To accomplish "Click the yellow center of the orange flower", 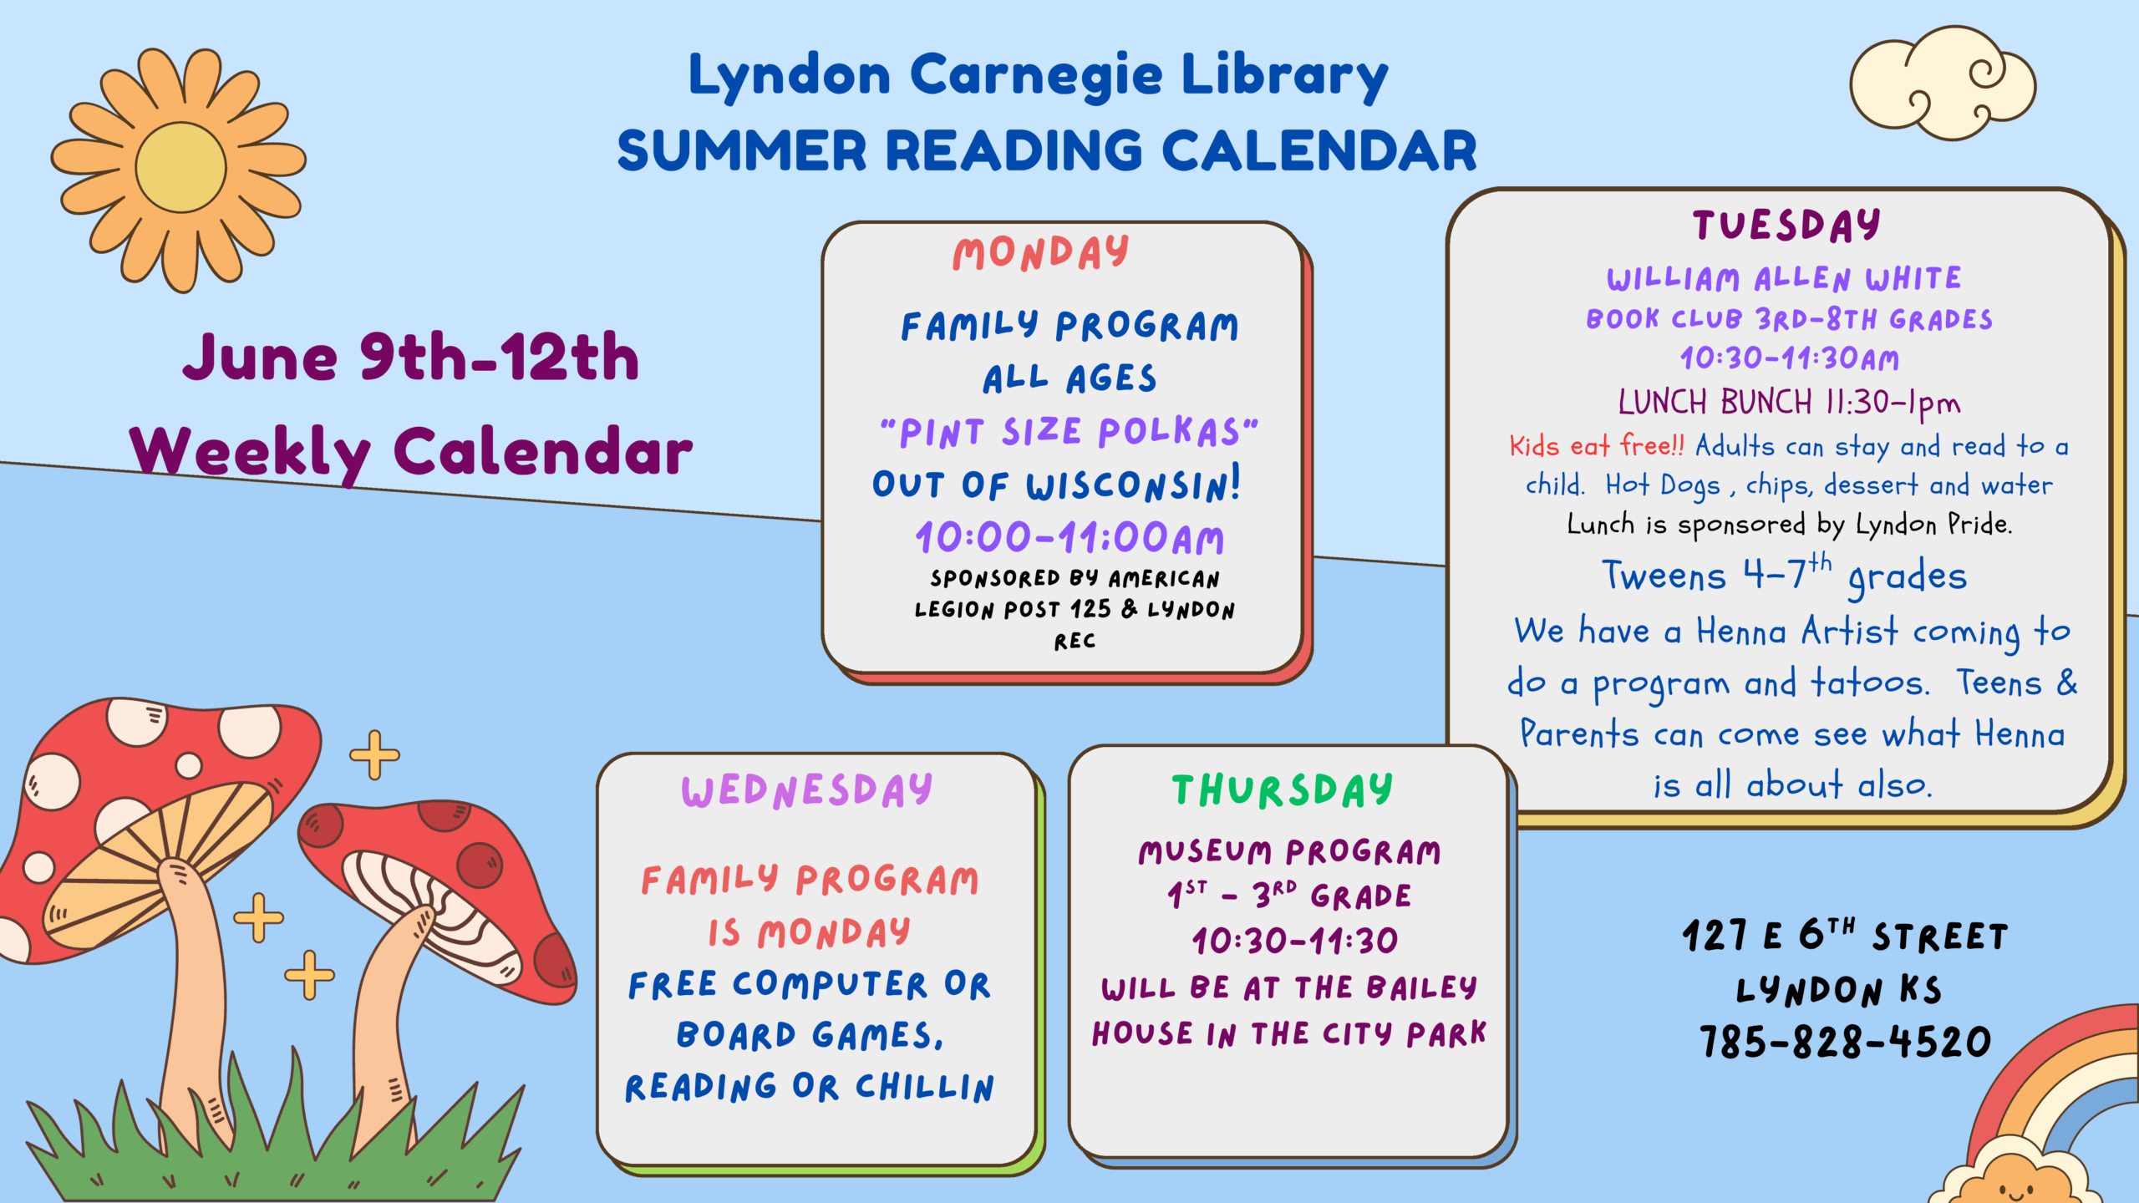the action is [x=180, y=167].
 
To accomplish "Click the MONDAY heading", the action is [x=1040, y=252].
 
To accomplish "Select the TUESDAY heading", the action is [x=1786, y=225].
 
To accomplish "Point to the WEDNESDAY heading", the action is [x=806, y=790].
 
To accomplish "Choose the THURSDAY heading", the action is [x=1282, y=790].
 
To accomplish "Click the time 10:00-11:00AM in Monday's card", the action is [x=1069, y=538].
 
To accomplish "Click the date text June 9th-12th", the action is [x=411, y=358].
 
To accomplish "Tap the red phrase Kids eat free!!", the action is [x=1597, y=445].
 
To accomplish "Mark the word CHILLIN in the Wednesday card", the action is [x=925, y=1088].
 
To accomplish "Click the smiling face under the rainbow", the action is [x=2014, y=1186].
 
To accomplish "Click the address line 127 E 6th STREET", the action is [x=1845, y=936].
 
